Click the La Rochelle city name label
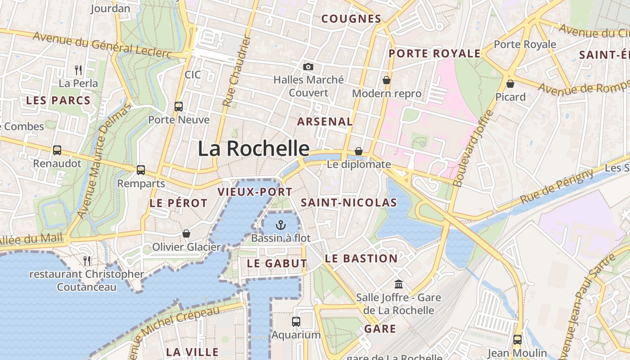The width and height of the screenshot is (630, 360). coord(254,148)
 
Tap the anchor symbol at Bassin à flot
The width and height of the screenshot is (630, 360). coord(281,225)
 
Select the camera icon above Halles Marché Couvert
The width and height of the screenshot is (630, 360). coord(308,67)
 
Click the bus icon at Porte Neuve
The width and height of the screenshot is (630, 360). coord(179,107)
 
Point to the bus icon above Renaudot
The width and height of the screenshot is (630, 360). coord(57,150)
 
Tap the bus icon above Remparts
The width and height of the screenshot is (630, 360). coord(141,170)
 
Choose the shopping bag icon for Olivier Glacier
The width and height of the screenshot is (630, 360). coord(186,234)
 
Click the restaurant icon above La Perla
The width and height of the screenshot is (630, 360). coord(78,70)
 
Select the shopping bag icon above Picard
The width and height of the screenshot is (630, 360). coord(510,84)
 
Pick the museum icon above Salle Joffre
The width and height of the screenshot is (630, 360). coord(399,284)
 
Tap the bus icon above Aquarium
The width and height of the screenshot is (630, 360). coord(296,322)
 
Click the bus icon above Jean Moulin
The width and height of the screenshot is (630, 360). coord(517,340)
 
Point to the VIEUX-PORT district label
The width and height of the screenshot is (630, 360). coord(255,192)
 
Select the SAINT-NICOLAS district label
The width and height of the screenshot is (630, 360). coord(349,203)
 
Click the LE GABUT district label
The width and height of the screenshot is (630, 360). coord(277,264)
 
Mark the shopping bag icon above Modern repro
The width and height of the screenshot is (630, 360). coord(386,80)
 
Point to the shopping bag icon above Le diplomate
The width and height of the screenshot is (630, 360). coord(359,151)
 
